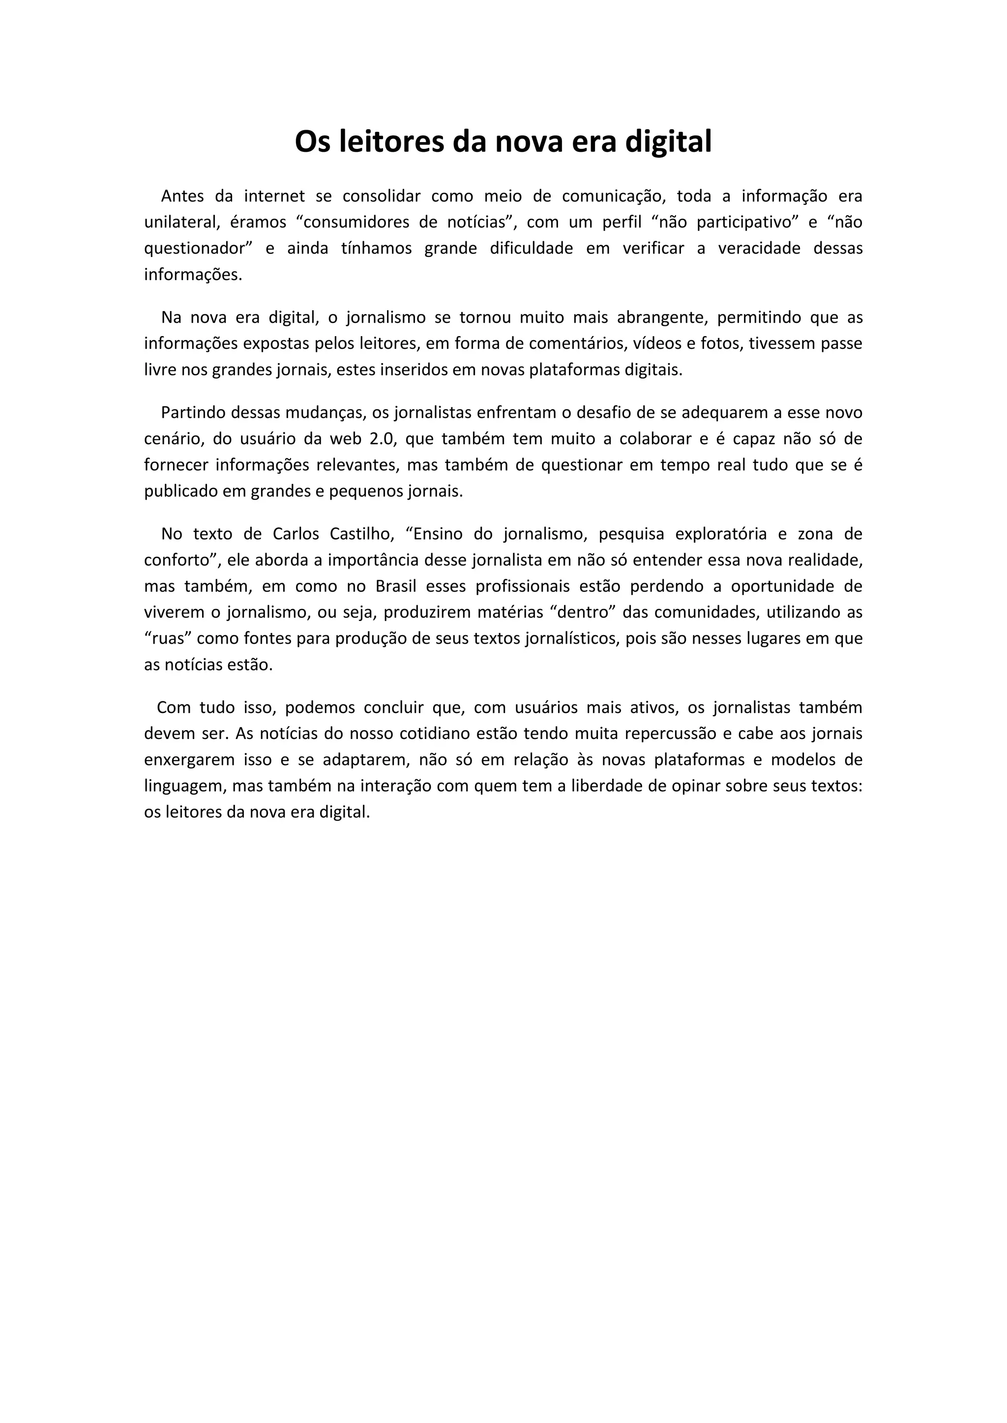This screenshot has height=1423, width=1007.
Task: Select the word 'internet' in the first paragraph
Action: point(275,196)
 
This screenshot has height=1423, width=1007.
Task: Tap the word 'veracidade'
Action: point(757,249)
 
